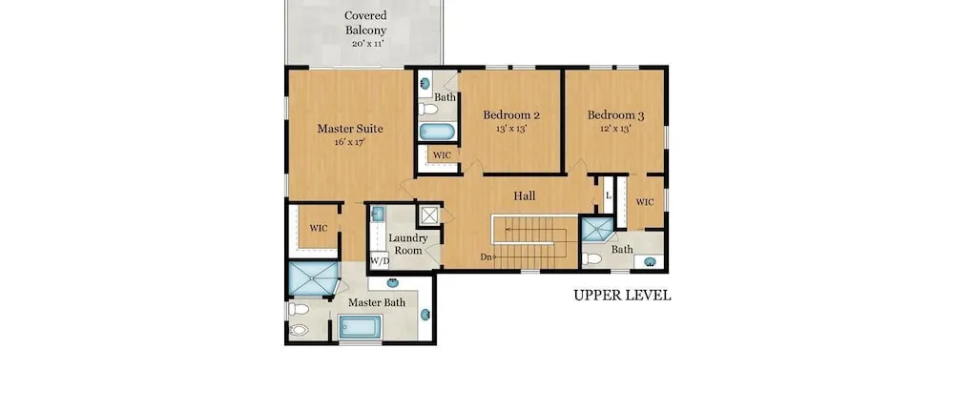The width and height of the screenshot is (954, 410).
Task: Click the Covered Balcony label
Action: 365,23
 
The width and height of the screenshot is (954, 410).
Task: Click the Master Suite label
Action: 350,129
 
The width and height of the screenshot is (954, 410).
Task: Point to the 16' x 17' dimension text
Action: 350,142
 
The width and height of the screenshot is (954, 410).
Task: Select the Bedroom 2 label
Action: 511,114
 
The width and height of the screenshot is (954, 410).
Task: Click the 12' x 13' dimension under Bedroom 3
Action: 615,129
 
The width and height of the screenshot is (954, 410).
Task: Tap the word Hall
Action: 525,195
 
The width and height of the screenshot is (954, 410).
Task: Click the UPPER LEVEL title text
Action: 622,296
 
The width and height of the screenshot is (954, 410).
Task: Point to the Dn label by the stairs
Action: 486,256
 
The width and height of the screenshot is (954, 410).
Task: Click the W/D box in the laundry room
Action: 380,260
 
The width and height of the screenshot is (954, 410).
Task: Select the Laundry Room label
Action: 408,244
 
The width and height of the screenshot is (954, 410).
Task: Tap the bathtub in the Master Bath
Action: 361,327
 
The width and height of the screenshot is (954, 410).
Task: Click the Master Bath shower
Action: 313,278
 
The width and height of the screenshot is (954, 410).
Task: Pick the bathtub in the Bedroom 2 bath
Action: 437,132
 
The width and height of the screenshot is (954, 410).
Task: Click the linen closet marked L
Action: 608,195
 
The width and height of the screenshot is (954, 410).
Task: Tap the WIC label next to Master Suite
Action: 319,228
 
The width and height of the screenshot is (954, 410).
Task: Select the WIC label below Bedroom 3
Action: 644,202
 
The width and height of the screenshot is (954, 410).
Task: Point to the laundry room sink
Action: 377,214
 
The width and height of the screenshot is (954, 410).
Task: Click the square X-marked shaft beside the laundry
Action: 429,215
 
